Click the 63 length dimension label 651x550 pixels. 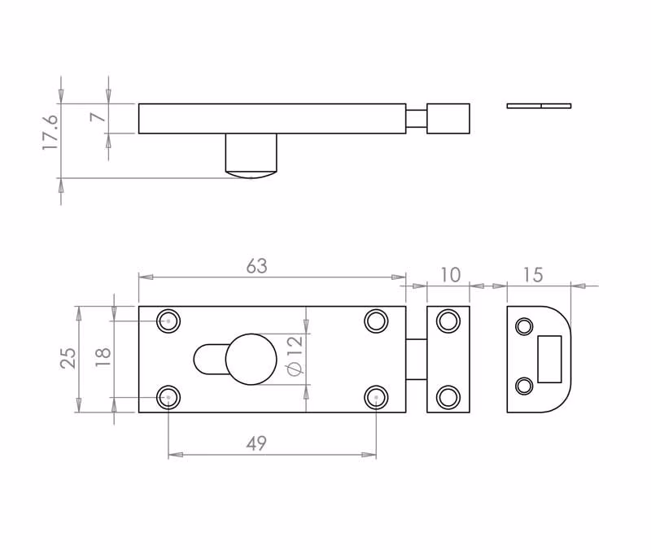click(256, 267)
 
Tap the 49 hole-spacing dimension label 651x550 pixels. click(256, 443)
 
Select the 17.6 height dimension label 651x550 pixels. click(50, 132)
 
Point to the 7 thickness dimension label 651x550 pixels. click(98, 116)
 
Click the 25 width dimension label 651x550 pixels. click(68, 358)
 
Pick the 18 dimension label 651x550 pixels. click(103, 357)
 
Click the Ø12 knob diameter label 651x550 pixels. click(295, 356)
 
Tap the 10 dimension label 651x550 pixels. click(450, 275)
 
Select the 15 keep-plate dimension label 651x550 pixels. click(533, 275)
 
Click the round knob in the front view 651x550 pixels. click(251, 359)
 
